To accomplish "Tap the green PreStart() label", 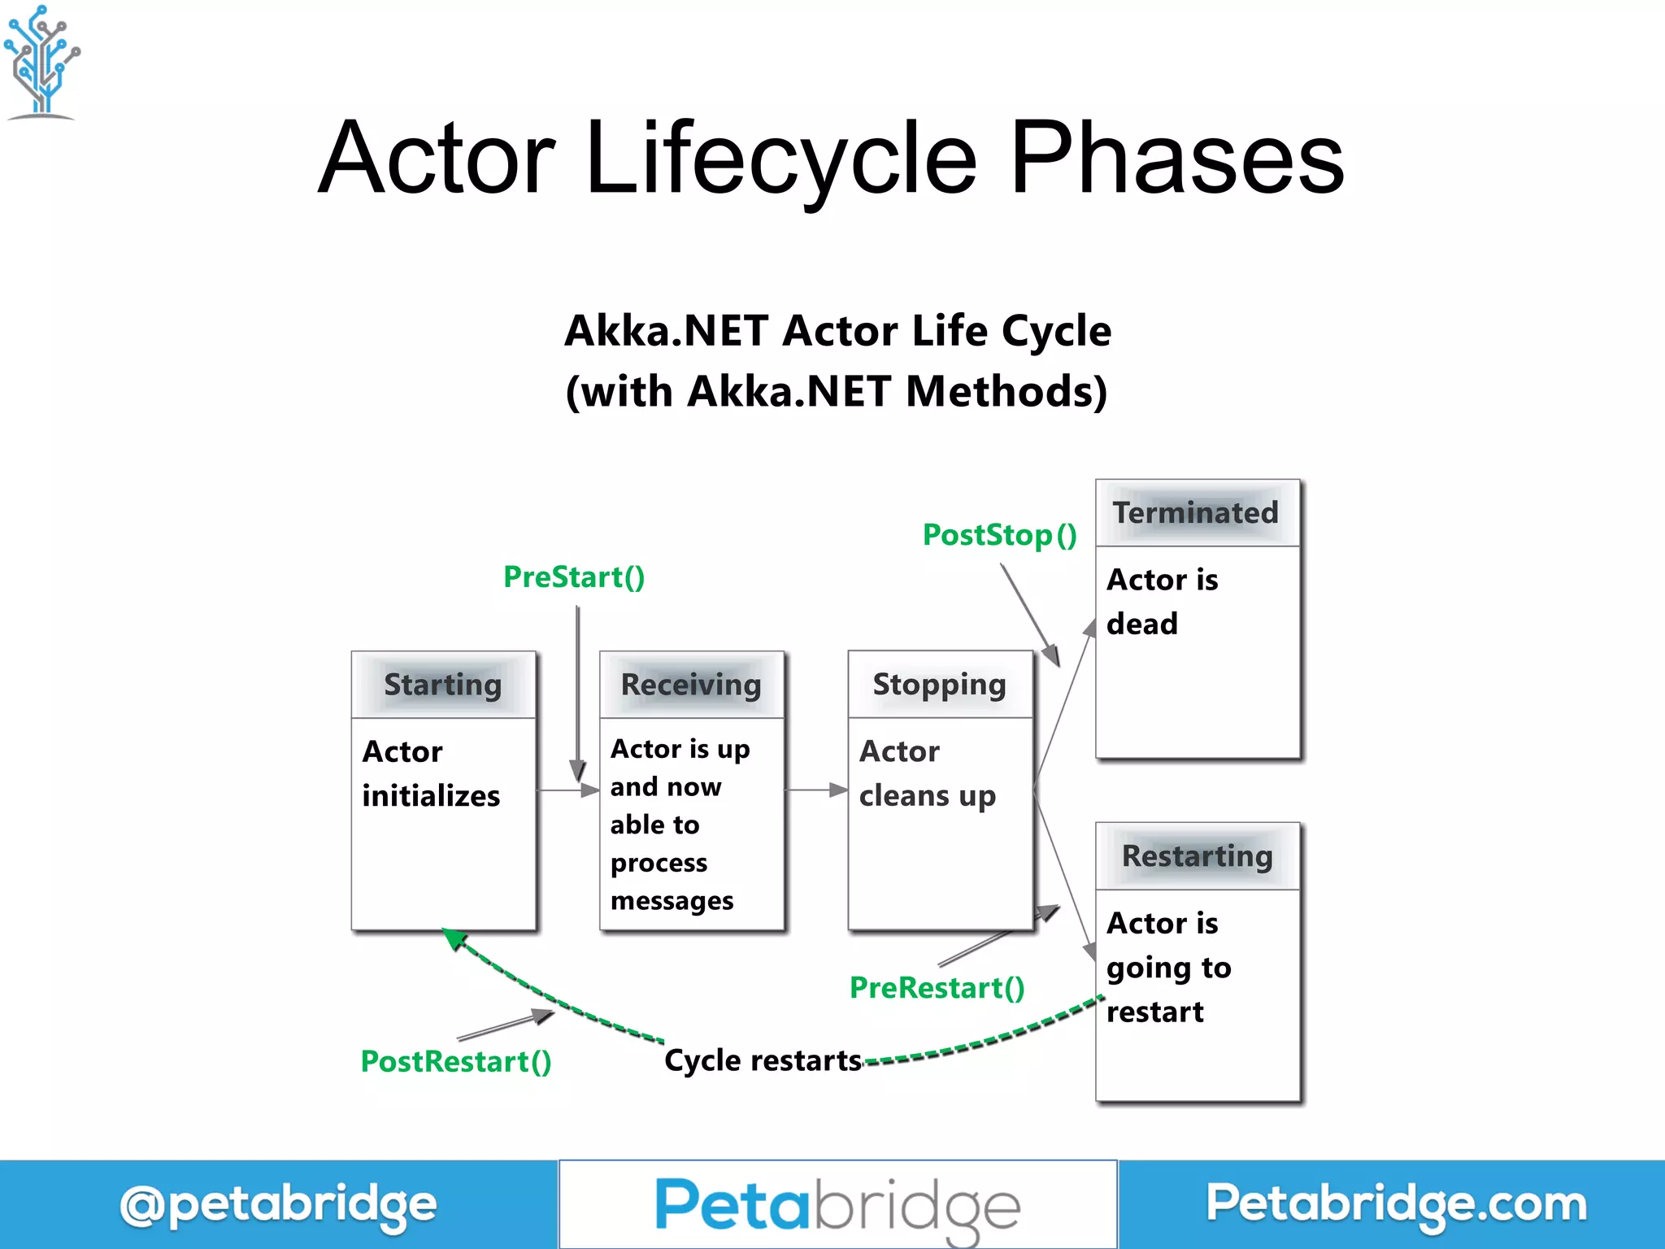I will tap(574, 577).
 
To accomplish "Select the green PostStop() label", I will tap(999, 535).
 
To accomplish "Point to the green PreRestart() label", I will tap(937, 988).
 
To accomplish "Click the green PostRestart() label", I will tap(456, 1062).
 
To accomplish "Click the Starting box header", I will tap(443, 685).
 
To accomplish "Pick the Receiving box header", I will tap(691, 685).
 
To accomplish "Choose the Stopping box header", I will tap(939, 685).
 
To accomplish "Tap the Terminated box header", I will tap(1196, 513).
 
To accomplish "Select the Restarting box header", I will tap(1197, 856).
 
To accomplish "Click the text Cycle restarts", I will tap(763, 1061).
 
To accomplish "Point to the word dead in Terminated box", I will tap(1141, 624).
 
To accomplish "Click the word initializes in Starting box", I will tap(431, 796).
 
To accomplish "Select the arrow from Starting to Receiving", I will tap(567, 790).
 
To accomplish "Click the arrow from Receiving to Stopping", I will tap(816, 790).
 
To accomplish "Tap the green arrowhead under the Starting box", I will tap(454, 939).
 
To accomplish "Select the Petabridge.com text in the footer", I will tap(1395, 1204).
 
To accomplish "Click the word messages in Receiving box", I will tap(672, 901).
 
